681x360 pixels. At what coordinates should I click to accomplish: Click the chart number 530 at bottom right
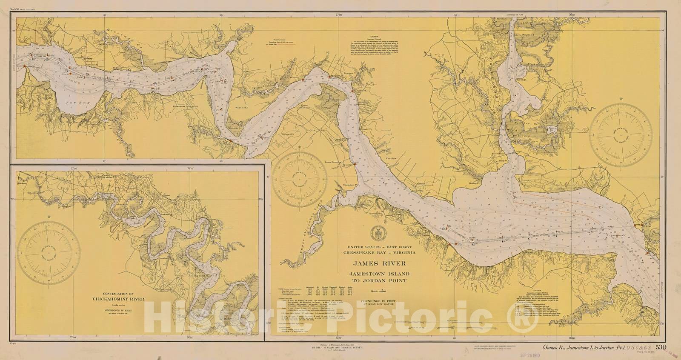pos(661,348)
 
